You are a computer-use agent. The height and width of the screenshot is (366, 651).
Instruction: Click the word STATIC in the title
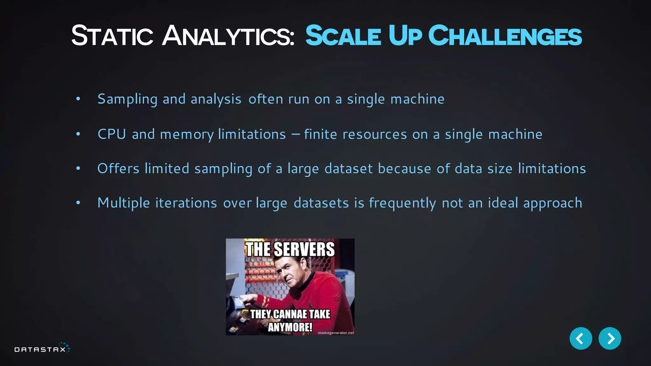click(x=112, y=36)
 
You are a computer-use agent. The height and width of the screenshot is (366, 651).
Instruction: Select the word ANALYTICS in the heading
click(x=228, y=36)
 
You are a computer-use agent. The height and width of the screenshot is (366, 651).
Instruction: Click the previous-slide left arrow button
click(x=580, y=338)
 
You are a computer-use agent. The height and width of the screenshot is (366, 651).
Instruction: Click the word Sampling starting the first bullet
click(x=127, y=99)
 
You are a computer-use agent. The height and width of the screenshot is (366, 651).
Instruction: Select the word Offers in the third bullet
click(x=118, y=168)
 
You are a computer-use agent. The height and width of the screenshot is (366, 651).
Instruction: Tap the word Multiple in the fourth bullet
click(x=123, y=203)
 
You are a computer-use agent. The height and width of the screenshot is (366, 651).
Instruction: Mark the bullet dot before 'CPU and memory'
click(x=78, y=134)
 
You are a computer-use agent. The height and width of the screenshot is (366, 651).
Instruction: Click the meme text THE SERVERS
click(x=290, y=249)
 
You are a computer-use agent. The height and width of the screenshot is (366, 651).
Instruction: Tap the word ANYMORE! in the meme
click(x=290, y=327)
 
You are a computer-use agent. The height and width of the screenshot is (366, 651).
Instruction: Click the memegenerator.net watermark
click(x=336, y=333)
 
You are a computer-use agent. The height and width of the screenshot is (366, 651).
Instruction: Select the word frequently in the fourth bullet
click(x=402, y=203)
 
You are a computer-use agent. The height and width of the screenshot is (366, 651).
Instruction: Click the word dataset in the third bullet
click(x=348, y=168)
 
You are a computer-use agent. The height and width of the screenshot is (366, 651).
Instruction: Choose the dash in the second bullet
click(x=295, y=134)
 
